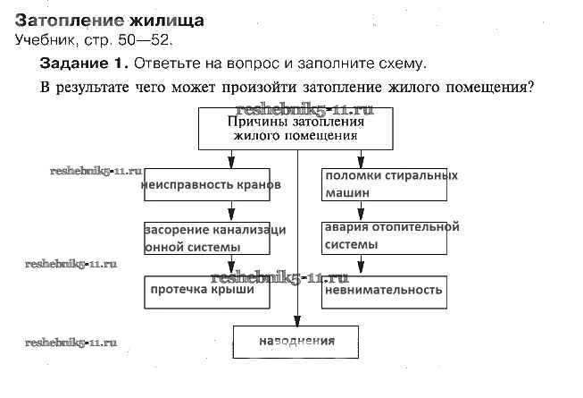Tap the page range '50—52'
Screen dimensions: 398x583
tap(144, 40)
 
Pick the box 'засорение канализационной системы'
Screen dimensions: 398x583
tap(214, 239)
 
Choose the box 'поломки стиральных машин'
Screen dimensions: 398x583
tap(385, 184)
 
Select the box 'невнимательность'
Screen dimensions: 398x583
tap(385, 292)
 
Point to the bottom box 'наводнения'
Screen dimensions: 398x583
tap(296, 341)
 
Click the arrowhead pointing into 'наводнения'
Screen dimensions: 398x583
tap(297, 319)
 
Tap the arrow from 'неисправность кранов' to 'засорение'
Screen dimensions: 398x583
tap(232, 212)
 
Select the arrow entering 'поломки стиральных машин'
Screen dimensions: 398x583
tap(361, 159)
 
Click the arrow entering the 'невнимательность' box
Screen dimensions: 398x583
tap(361, 266)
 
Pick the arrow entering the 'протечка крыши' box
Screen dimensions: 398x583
tap(232, 266)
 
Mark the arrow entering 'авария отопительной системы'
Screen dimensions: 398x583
tap(361, 212)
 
